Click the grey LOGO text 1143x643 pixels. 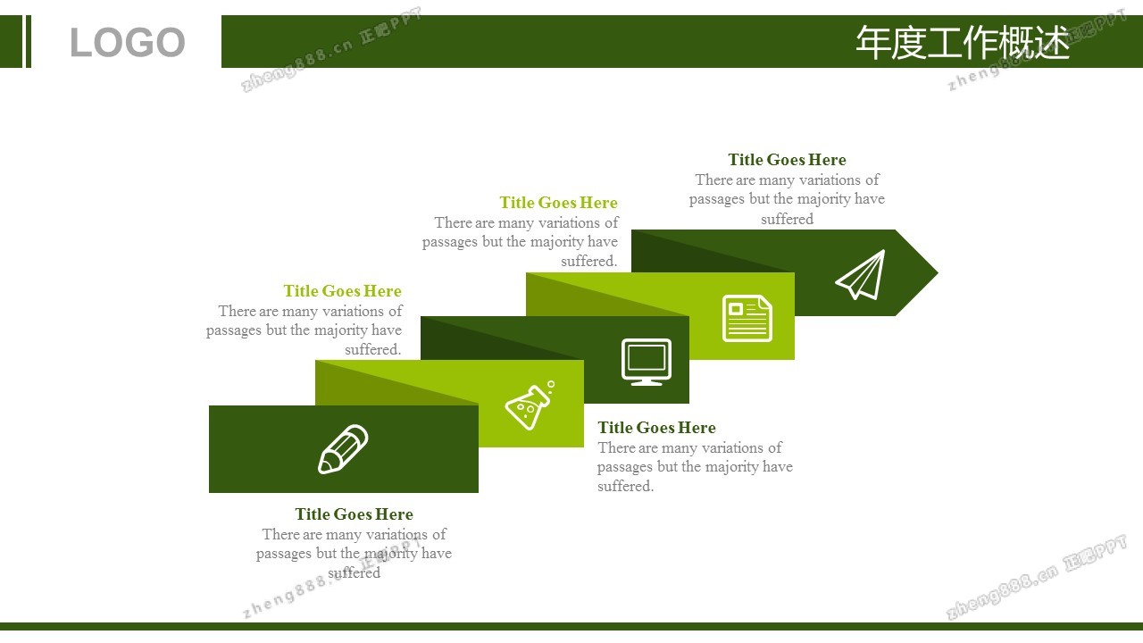[x=127, y=42]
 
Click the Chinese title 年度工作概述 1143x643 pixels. [x=963, y=42]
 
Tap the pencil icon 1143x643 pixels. [x=343, y=449]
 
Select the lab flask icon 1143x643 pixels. [x=530, y=405]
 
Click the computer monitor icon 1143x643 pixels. [x=647, y=362]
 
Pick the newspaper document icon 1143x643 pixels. [x=747, y=318]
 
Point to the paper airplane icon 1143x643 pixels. [x=860, y=274]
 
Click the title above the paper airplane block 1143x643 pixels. [x=787, y=160]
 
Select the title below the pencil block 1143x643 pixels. [x=355, y=514]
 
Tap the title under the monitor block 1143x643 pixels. [x=656, y=427]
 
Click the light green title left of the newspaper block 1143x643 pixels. [x=559, y=203]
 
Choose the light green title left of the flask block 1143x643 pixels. [x=342, y=291]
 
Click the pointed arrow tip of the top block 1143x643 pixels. [x=938, y=273]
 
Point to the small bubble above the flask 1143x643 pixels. [x=551, y=384]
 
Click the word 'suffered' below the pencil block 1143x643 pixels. [x=355, y=572]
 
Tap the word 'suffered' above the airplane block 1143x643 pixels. [x=787, y=219]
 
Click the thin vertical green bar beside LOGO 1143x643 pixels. [x=29, y=41]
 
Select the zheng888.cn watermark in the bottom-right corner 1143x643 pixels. [x=1036, y=577]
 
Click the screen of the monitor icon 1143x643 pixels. [x=647, y=357]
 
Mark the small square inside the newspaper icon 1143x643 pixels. [x=735, y=309]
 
